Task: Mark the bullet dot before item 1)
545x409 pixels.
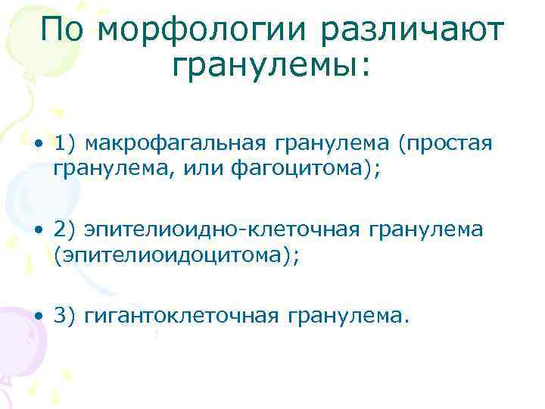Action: click(x=37, y=145)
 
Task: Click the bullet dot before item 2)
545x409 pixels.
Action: click(x=37, y=230)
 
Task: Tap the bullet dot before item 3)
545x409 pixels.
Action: click(x=37, y=316)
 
